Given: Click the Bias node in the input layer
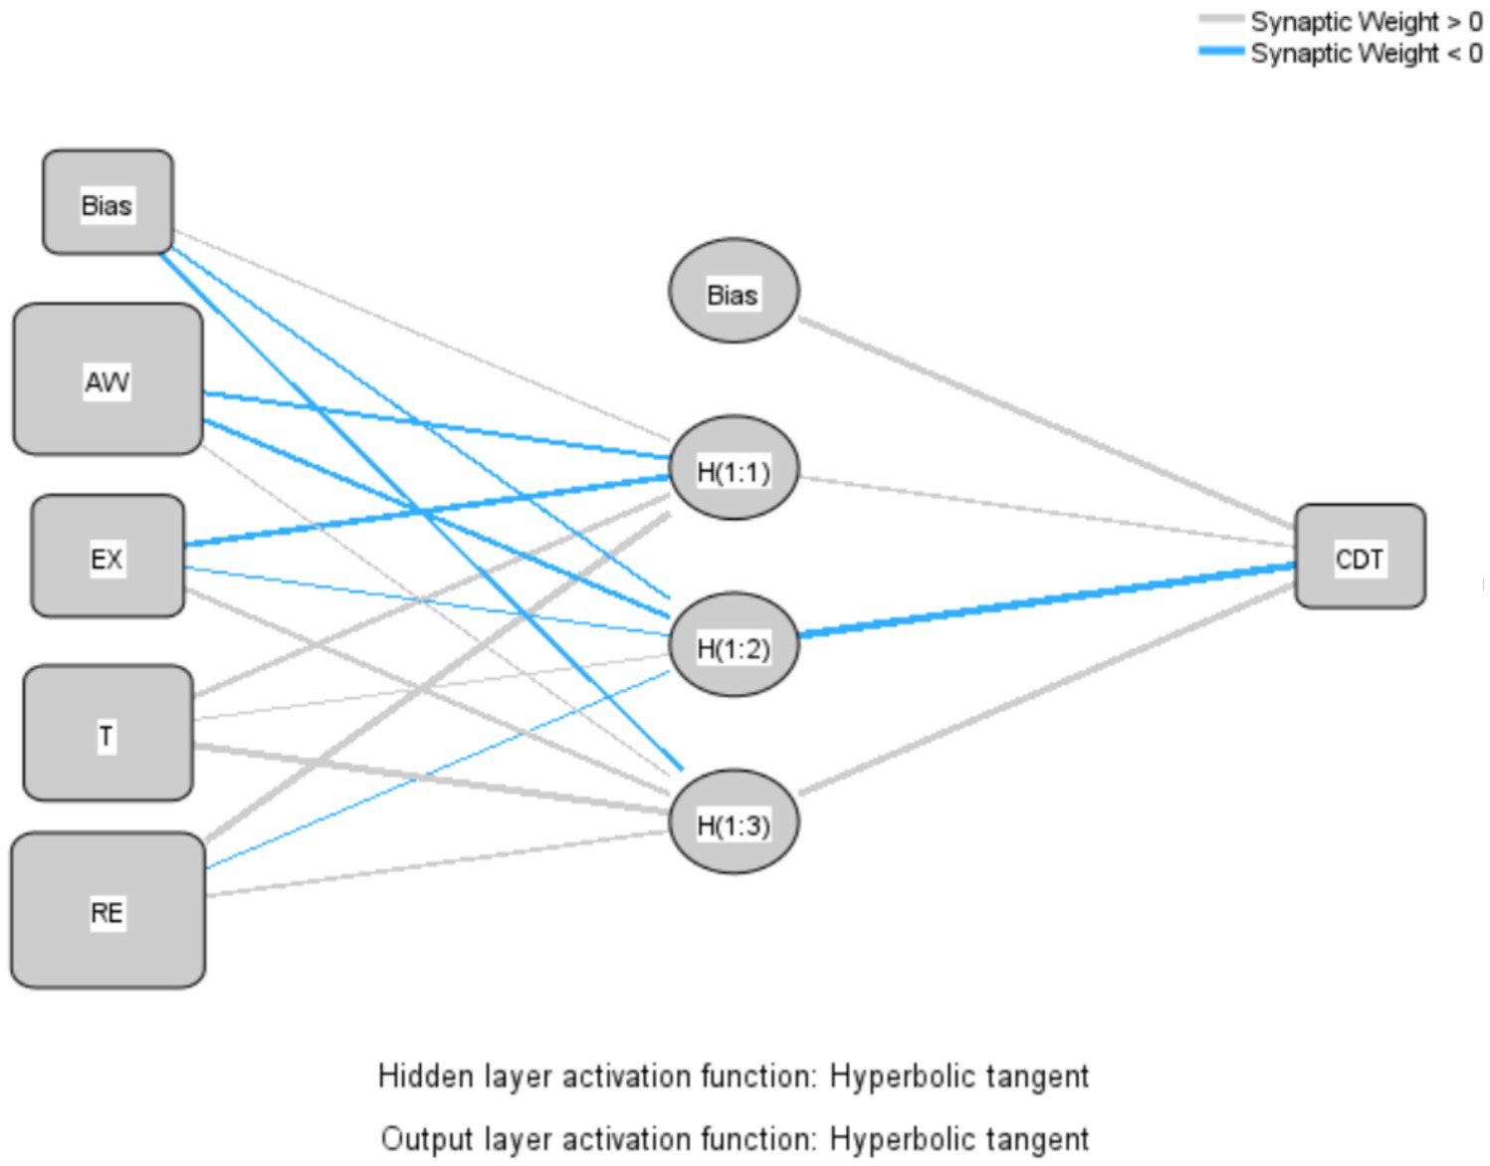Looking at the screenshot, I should point(107,202).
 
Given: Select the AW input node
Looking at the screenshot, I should point(107,379).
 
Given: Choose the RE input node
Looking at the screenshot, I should point(107,910).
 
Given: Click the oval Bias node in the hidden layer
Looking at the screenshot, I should point(734,291).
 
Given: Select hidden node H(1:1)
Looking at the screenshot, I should point(734,468).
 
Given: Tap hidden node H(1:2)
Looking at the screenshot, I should point(734,645).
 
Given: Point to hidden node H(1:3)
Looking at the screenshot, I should point(734,822).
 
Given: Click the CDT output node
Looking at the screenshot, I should point(1360,557).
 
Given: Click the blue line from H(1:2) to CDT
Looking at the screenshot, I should point(1045,599).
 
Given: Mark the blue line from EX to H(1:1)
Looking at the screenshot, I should point(428,511).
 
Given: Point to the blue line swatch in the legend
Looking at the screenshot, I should point(1221,52).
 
